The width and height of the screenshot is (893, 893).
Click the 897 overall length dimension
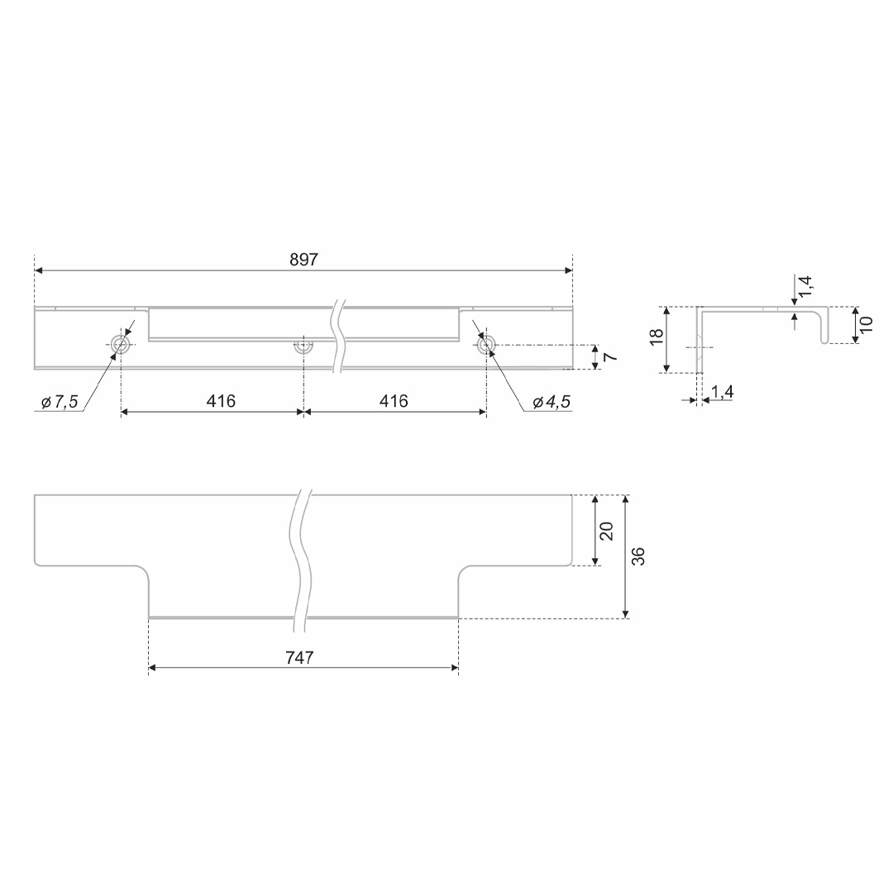click(303, 260)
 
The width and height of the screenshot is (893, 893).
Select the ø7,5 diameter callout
click(60, 402)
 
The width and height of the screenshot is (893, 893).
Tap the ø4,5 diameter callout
click(552, 402)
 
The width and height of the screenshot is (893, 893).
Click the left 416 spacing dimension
click(221, 402)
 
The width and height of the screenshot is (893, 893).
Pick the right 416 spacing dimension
click(394, 402)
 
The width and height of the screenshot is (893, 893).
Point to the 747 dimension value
click(299, 658)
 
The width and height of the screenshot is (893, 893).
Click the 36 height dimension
click(639, 556)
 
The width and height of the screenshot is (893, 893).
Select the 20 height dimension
click(607, 531)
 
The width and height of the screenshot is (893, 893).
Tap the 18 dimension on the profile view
click(657, 336)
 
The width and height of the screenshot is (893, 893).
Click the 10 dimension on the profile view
click(867, 325)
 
